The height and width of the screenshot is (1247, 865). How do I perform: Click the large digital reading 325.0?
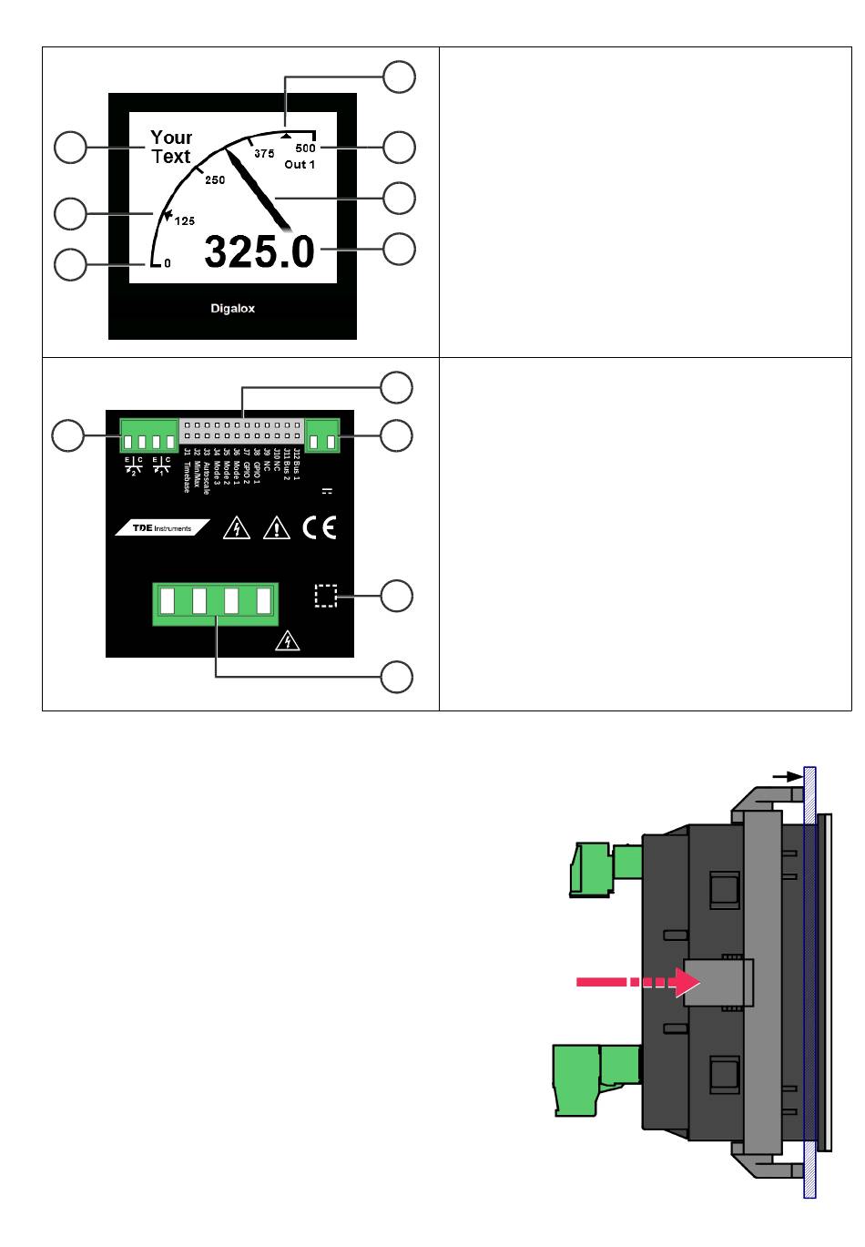pos(259,251)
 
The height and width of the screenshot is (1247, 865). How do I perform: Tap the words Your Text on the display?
pos(171,147)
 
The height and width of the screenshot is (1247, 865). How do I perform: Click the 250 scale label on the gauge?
pos(215,180)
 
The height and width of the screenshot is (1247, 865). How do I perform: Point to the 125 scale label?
pos(184,220)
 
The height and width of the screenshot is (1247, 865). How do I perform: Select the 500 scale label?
pos(305,148)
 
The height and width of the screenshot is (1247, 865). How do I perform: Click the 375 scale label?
pos(264,154)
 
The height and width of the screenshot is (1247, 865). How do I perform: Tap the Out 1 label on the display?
pos(300,165)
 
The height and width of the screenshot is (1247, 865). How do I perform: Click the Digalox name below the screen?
pos(233,309)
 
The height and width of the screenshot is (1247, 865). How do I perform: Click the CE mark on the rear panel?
pos(319,528)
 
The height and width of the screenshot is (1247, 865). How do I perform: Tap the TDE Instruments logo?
pos(162,528)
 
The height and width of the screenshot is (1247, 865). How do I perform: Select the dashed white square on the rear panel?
pos(325,596)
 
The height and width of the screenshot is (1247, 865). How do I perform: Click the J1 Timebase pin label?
pos(188,471)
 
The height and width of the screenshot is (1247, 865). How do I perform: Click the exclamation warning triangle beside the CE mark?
pos(276,528)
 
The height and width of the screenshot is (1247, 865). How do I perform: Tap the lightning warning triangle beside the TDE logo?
pos(237,528)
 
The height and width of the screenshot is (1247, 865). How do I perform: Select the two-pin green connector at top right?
pos(323,435)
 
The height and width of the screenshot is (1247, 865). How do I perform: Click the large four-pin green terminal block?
pos(216,603)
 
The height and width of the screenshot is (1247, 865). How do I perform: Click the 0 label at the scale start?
pos(168,263)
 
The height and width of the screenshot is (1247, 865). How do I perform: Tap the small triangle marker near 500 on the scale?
pos(286,135)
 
